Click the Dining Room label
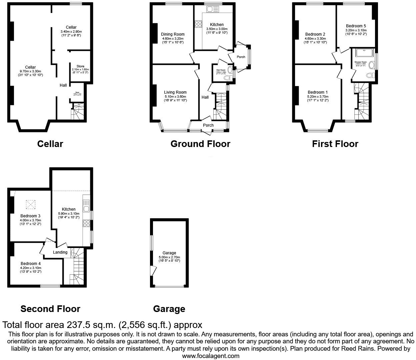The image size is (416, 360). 172,34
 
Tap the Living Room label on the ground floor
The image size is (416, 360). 175,92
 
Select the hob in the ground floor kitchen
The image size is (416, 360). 198,24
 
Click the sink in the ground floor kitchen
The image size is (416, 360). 212,9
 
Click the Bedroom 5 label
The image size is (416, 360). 356,26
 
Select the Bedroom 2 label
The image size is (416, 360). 315,34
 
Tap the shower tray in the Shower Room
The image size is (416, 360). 364,53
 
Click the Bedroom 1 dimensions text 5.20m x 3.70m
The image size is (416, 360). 318,97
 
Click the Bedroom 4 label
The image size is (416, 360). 30,264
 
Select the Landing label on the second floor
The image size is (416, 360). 60,252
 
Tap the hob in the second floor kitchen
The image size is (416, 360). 87,223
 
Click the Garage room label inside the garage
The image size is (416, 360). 169,253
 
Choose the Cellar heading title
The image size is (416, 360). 50,144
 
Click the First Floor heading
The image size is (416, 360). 335,144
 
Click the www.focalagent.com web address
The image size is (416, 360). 211,356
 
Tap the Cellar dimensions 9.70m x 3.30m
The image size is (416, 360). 30,71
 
